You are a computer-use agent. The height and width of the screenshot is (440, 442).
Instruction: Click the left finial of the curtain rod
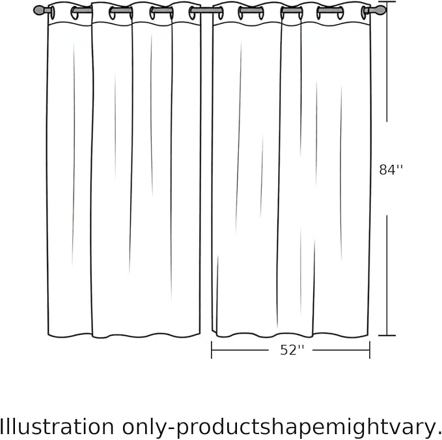tap(39, 10)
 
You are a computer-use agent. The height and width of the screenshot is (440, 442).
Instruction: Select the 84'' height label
tap(391, 170)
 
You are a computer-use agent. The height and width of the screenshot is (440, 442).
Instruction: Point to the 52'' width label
tap(292, 350)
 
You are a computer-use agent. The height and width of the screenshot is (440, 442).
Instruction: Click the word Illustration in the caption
tap(57, 426)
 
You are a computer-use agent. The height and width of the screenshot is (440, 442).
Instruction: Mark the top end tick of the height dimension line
tap(387, 2)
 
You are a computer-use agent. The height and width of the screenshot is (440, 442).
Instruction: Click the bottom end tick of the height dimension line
tap(387, 336)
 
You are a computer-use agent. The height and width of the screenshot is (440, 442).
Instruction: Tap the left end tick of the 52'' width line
tap(212, 350)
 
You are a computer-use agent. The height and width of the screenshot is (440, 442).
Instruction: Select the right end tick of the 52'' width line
tap(370, 350)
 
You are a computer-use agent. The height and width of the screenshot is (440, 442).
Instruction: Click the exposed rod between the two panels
tap(206, 10)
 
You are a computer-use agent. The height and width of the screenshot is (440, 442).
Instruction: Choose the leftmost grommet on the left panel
tap(53, 12)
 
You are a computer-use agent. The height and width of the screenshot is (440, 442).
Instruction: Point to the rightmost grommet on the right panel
tap(364, 12)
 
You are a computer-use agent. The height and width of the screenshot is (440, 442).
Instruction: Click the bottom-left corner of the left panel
tap(48, 335)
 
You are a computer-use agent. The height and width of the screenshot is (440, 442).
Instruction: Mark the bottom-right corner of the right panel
tap(368, 335)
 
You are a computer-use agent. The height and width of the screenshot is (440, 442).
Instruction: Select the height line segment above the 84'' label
tap(387, 61)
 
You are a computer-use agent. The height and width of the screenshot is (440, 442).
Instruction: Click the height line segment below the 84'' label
tap(387, 275)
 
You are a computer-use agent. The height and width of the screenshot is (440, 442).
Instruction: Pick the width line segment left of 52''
tap(240, 350)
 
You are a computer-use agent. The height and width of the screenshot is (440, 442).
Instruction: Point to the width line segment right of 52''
tap(341, 350)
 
